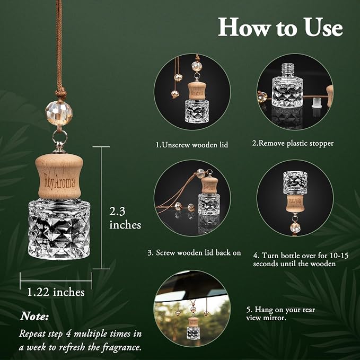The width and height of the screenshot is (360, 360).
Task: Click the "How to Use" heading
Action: tap(280, 28)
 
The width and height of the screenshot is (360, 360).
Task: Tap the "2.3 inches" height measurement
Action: tap(125, 218)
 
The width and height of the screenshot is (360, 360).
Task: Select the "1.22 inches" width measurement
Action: tap(56, 292)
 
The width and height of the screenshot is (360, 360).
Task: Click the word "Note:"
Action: tap(34, 317)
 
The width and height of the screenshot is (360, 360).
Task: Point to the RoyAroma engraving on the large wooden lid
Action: tap(59, 181)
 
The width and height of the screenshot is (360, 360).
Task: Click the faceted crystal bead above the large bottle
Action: tap(59, 113)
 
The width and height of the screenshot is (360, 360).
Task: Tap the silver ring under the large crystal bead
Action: tap(60, 138)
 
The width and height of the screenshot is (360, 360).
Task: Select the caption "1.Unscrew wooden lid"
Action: tap(192, 145)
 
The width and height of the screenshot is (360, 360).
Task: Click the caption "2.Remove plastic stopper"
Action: tap(293, 143)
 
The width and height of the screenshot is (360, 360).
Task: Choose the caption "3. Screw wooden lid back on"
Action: tap(194, 253)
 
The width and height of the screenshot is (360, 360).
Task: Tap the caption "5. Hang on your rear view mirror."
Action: tap(280, 314)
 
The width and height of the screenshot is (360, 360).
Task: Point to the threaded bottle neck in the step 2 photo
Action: tap(288, 71)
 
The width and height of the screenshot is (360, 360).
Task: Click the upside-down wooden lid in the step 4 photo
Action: tap(295, 203)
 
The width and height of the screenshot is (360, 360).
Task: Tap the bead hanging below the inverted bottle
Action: tap(295, 227)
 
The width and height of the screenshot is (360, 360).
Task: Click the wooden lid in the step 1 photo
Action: tap(197, 91)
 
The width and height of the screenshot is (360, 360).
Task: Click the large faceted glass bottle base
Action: tap(59, 230)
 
